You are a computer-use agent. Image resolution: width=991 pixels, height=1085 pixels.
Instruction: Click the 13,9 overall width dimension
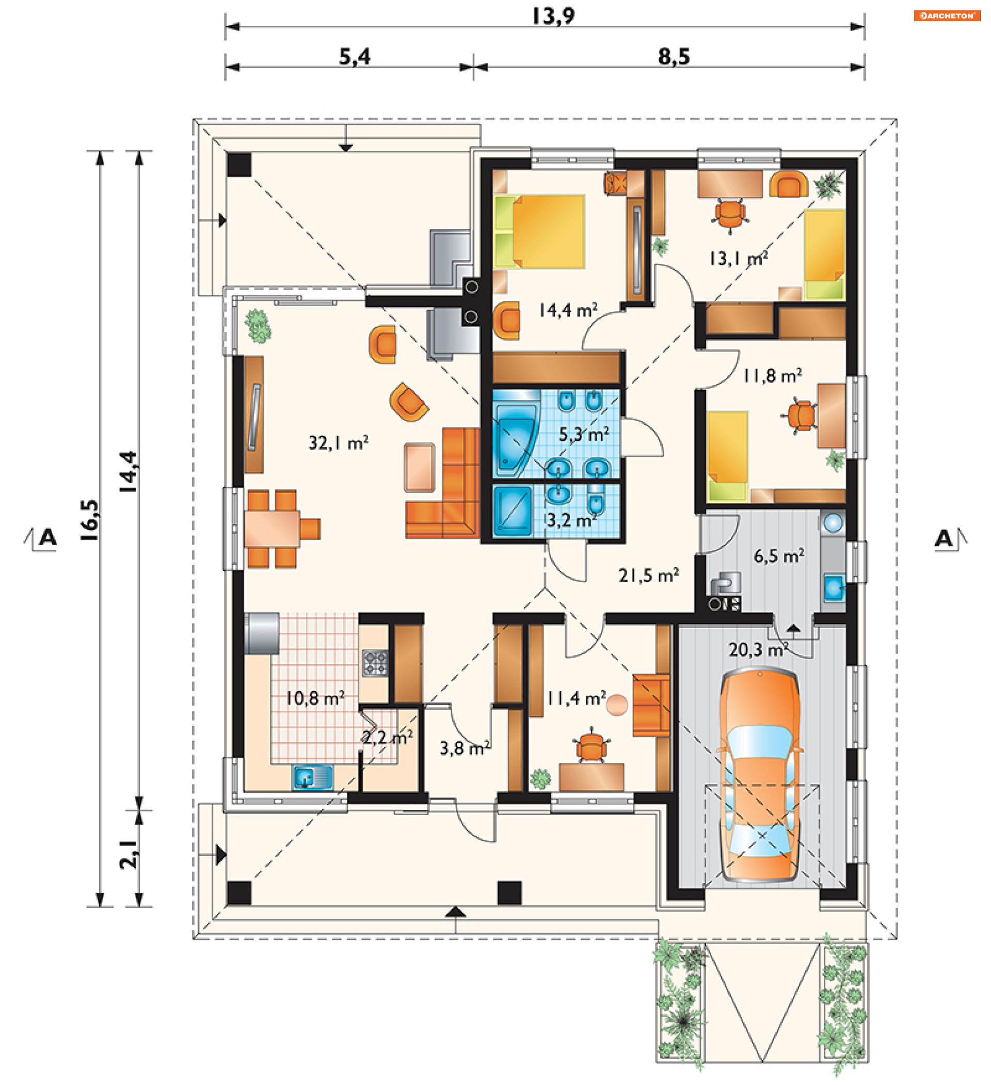coord(553,15)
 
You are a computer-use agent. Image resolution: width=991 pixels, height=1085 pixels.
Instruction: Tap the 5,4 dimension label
coord(355,56)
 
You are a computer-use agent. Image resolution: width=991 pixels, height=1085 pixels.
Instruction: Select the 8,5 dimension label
coord(674,56)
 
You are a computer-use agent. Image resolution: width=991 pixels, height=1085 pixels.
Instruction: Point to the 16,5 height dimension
coord(90,520)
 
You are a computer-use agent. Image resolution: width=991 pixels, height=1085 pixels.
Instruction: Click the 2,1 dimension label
coord(129,855)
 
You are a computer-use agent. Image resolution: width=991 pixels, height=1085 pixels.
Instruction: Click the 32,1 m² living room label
coord(339,443)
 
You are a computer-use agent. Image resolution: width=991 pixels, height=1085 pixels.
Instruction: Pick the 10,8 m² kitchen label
coord(315,698)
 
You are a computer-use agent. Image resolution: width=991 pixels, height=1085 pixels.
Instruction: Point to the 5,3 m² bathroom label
coord(584,434)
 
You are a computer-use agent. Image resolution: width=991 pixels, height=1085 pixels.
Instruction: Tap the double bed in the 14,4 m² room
coord(539,232)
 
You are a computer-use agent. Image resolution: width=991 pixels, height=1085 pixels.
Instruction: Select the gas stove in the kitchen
coord(375,663)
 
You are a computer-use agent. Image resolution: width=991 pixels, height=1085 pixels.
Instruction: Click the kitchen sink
coord(313,778)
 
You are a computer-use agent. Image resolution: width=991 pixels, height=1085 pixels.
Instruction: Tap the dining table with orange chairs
coord(273,529)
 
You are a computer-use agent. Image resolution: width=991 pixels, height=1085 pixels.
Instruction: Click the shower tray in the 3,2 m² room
coord(513,512)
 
